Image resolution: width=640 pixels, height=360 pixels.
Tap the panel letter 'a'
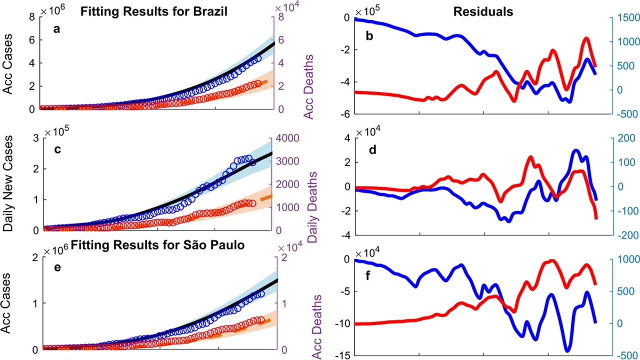point(57,28)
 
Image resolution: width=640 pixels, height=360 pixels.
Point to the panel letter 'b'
point(369,35)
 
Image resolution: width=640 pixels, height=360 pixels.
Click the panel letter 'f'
point(369,274)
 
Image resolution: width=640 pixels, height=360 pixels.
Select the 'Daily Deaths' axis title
point(312,207)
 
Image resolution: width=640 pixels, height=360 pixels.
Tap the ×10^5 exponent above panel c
point(56,131)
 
